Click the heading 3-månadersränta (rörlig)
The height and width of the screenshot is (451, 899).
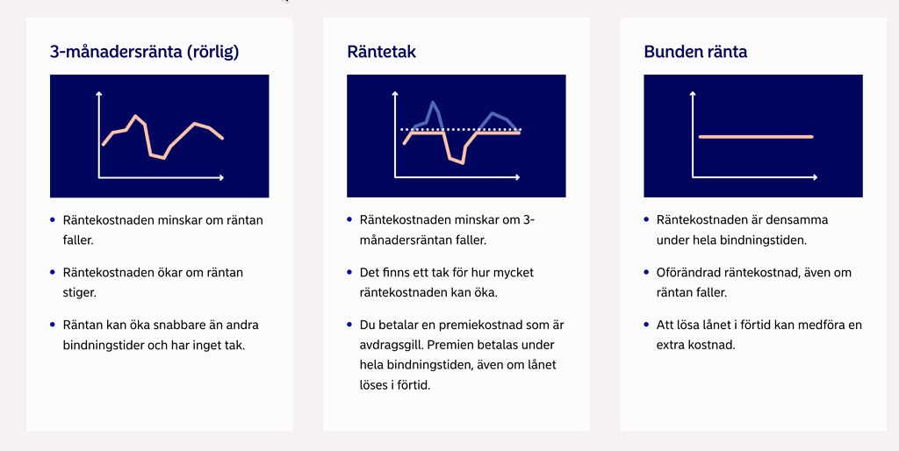145,52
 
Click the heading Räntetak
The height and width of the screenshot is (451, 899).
381,52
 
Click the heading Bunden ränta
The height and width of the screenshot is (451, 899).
695,52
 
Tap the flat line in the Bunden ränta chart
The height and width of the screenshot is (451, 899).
755,137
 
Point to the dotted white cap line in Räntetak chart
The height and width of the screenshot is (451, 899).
461,129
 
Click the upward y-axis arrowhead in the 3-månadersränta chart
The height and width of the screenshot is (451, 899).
99,91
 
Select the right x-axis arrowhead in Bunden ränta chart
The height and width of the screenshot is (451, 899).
815,178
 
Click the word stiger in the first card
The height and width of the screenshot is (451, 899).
79,292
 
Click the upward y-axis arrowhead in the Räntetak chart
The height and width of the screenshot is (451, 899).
396,91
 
